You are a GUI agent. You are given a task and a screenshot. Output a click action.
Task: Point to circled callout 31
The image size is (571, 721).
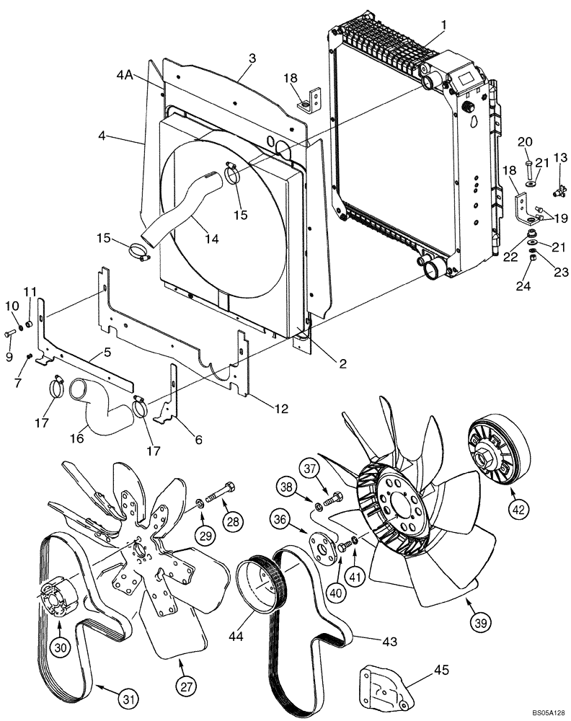pyautogui.click(x=127, y=698)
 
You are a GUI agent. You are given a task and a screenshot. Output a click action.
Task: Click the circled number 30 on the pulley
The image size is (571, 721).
pyautogui.click(x=61, y=647)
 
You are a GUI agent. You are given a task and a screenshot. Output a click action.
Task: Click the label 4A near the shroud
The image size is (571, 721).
pyautogui.click(x=123, y=74)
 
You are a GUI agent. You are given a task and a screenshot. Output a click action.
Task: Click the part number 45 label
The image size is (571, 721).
pyautogui.click(x=441, y=670)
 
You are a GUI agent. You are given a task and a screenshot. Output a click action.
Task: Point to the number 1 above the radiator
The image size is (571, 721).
pyautogui.click(x=444, y=25)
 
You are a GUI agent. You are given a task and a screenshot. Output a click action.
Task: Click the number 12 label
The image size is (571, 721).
pyautogui.click(x=280, y=409)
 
